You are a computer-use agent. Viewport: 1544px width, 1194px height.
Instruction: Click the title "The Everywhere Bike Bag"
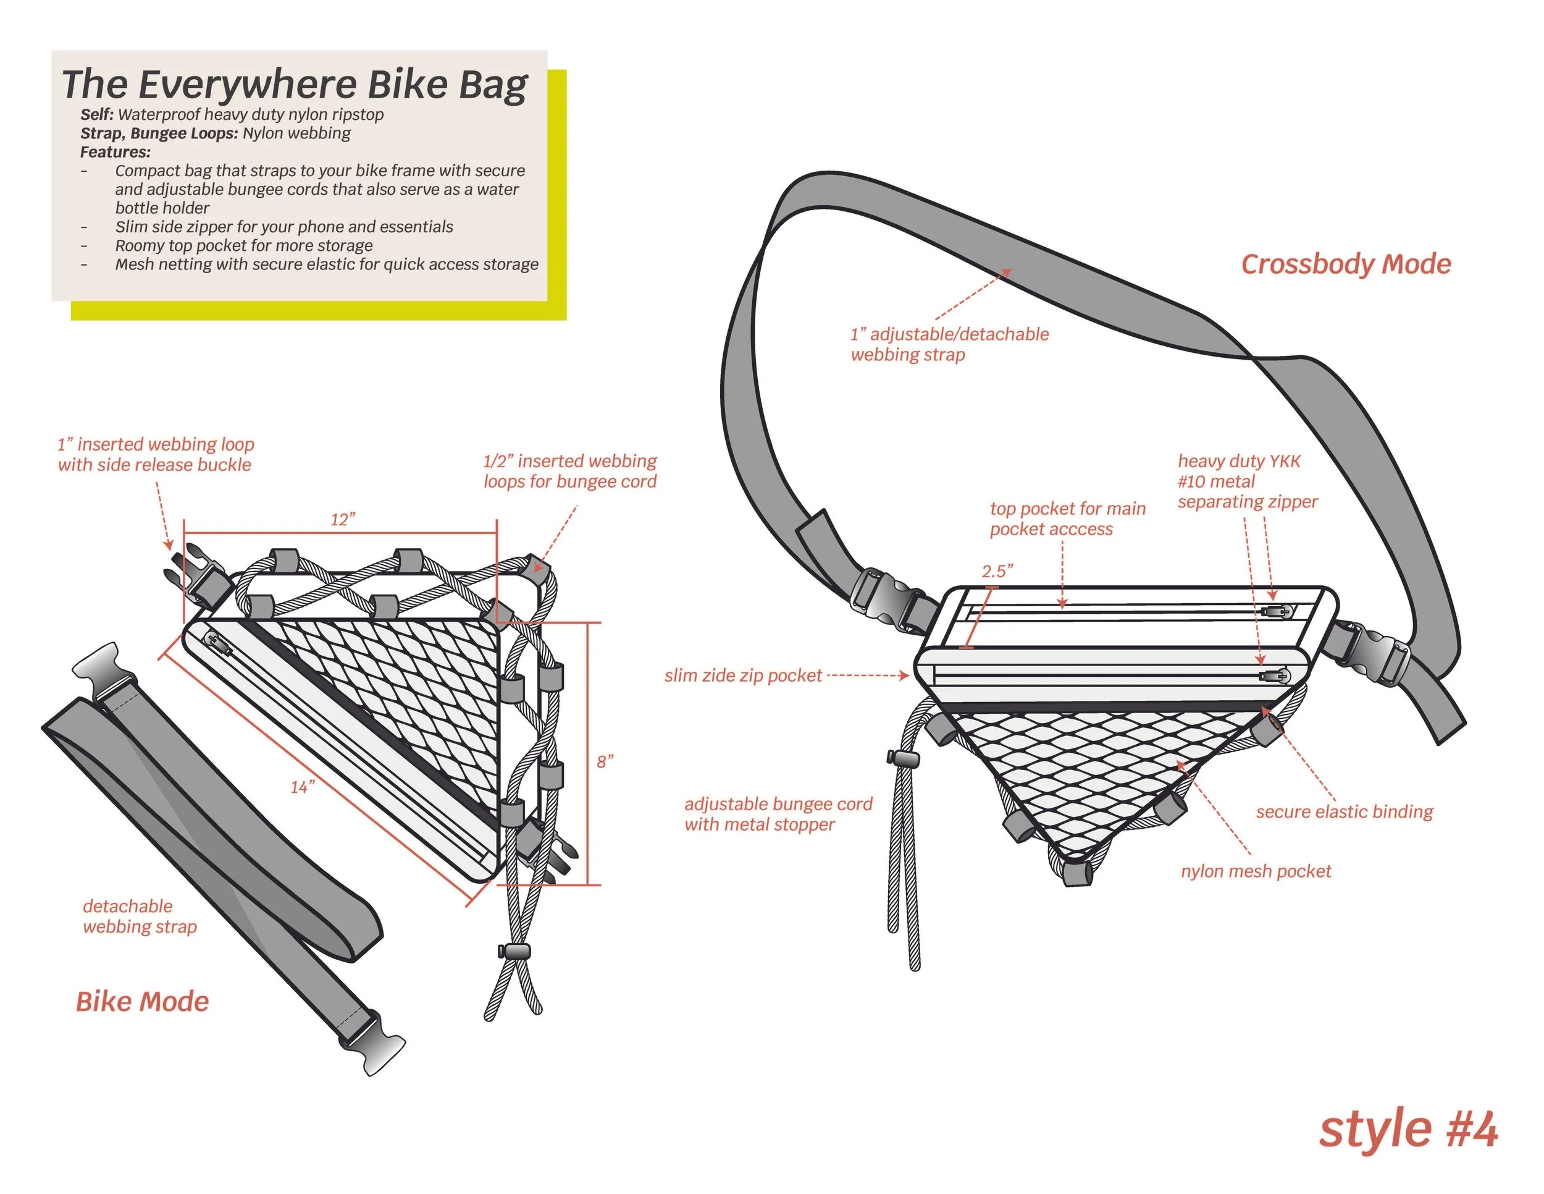click(294, 85)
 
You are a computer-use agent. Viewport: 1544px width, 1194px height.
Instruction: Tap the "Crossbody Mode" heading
click(1345, 265)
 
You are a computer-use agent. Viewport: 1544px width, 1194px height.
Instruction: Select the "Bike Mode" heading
click(142, 1002)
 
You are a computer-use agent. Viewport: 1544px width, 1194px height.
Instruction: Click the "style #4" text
click(1408, 1130)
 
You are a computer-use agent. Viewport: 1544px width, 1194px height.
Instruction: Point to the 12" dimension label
click(343, 520)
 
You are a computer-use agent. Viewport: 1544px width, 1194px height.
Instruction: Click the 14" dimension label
click(303, 787)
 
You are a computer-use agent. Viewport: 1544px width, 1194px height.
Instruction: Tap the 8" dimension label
click(605, 762)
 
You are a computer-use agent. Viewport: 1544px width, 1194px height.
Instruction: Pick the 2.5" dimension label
click(997, 572)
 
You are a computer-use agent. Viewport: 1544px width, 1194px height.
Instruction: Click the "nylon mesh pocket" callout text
click(1256, 871)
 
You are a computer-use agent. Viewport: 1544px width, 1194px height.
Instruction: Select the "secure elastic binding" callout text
click(1344, 812)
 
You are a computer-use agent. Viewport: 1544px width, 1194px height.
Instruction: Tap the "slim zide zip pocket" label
click(743, 676)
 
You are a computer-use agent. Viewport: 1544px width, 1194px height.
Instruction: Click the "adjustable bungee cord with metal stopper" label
click(778, 814)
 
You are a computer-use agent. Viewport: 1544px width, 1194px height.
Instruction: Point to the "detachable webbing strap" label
click(140, 917)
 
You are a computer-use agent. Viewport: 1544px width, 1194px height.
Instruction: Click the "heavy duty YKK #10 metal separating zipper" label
click(1247, 481)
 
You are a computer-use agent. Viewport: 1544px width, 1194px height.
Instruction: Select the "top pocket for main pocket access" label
click(1067, 519)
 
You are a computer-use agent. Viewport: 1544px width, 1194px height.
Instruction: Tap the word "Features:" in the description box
click(115, 152)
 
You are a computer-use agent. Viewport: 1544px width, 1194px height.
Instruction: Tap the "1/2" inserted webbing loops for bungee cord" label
click(570, 471)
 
